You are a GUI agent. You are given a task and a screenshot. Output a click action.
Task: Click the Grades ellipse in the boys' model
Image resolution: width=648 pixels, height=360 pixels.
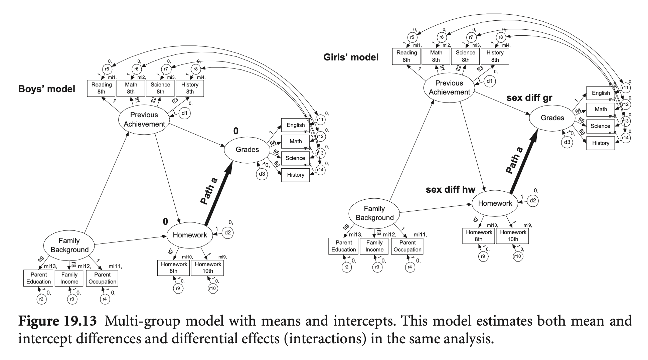tap(247, 150)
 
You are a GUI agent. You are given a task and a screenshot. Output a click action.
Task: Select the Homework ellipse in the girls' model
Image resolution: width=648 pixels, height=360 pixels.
tap(495, 203)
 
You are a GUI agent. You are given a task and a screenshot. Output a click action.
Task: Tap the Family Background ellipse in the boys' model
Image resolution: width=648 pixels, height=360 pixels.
tap(69, 245)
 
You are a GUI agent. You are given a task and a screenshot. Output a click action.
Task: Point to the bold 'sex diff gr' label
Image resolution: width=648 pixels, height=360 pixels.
tap(529, 98)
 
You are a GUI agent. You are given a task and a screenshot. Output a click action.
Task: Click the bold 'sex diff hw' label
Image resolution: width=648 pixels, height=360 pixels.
tap(450, 190)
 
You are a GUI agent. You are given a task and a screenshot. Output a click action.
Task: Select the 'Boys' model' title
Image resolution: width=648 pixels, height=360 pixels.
tap(47, 89)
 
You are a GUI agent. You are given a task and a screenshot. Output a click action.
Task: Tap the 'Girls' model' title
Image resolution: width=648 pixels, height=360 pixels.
tap(351, 57)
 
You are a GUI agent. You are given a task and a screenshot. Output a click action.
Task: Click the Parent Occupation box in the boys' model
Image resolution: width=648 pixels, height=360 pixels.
tap(102, 278)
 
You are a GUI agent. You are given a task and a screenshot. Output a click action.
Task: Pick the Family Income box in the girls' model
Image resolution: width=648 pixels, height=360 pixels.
tap(374, 246)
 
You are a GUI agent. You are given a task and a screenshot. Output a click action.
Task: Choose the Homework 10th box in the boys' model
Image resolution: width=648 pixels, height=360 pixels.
tap(208, 268)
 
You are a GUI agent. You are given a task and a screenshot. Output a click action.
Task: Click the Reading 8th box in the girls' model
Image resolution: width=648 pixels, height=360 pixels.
tap(407, 56)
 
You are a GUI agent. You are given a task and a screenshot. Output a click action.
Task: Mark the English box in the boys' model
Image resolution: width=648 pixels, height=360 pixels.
tap(296, 125)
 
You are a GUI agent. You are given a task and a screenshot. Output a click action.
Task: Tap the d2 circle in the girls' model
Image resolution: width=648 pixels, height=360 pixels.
tap(532, 201)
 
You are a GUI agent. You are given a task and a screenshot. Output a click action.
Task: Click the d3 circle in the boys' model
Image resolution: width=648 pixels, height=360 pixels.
tap(262, 174)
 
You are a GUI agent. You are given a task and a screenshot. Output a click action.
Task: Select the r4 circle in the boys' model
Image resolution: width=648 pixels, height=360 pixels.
tap(105, 299)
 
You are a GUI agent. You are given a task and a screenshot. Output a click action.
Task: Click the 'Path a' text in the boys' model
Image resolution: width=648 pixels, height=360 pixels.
tap(209, 191)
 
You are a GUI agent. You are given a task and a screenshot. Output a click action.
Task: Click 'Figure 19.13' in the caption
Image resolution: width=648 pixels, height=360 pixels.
tap(57, 321)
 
